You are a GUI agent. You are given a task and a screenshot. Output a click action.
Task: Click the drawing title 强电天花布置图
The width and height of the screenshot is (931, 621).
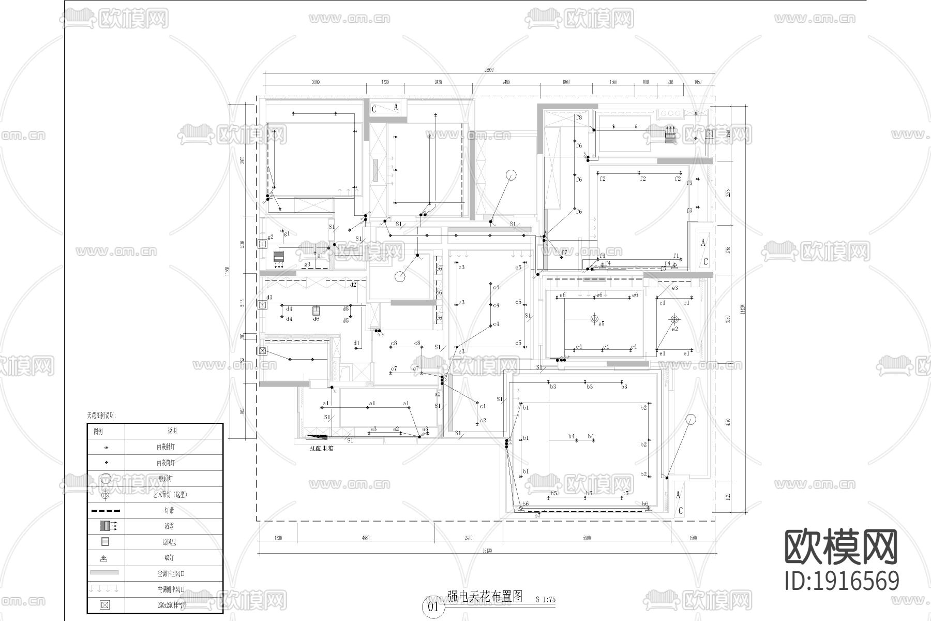(485, 596)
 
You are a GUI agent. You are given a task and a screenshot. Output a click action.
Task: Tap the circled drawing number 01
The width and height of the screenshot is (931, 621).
(433, 607)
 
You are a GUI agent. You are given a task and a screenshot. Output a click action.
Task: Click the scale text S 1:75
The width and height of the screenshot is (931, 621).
(545, 600)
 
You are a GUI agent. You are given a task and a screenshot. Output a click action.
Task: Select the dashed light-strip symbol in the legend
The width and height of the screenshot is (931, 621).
(106, 510)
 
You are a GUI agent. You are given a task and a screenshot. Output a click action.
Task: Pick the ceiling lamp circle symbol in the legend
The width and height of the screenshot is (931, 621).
(106, 479)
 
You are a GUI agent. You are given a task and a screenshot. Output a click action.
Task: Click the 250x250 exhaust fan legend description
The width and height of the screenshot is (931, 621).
(172, 605)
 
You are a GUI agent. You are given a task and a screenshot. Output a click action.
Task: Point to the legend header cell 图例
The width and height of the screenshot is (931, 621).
(98, 431)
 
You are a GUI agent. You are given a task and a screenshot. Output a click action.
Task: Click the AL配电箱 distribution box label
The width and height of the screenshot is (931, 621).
(321, 448)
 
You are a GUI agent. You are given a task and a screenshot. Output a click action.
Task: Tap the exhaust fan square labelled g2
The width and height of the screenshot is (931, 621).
(263, 243)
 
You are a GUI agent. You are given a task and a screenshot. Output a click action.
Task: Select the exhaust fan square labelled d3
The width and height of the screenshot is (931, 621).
(263, 305)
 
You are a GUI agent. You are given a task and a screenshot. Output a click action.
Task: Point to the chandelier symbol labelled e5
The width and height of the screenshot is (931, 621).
(594, 318)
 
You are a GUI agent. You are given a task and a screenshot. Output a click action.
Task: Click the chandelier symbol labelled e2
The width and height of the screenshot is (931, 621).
(673, 319)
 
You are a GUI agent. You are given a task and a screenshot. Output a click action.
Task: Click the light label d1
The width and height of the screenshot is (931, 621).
(356, 343)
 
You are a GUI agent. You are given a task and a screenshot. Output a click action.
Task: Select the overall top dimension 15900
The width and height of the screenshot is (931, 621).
(488, 70)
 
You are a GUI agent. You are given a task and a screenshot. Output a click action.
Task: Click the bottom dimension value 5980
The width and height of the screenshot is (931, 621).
(587, 538)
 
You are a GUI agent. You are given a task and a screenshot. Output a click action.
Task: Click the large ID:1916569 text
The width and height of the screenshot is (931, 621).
(842, 581)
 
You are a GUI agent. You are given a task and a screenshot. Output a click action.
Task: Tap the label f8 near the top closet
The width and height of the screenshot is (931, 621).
(579, 118)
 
